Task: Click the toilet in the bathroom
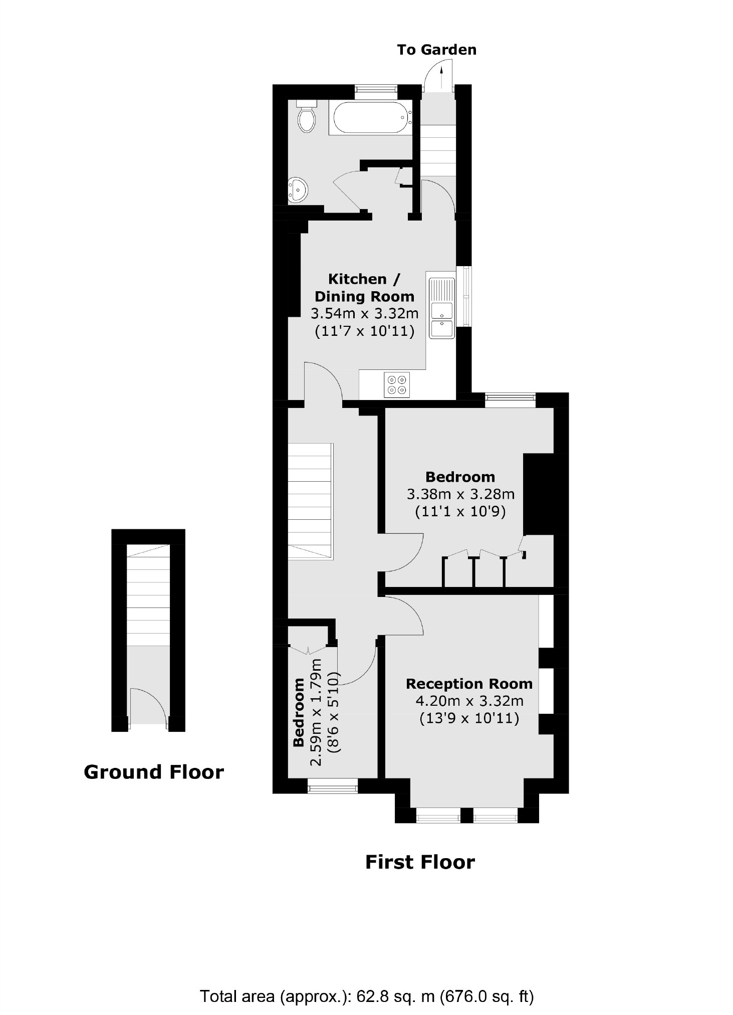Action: (x=306, y=117)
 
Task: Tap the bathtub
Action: (x=371, y=118)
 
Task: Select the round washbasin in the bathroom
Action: (x=298, y=190)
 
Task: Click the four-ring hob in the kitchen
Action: (x=396, y=385)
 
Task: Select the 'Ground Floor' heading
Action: (x=153, y=772)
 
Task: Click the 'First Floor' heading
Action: (x=420, y=862)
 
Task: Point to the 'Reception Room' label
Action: (x=469, y=684)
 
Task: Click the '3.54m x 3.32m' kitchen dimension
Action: (x=364, y=314)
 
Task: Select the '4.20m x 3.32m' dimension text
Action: (x=469, y=701)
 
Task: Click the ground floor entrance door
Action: (x=148, y=707)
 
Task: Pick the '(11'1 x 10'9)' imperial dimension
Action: (x=460, y=512)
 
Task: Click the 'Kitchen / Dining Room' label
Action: (x=364, y=288)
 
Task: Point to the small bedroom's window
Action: (x=333, y=786)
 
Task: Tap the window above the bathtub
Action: (x=376, y=92)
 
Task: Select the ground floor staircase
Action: (x=148, y=596)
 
